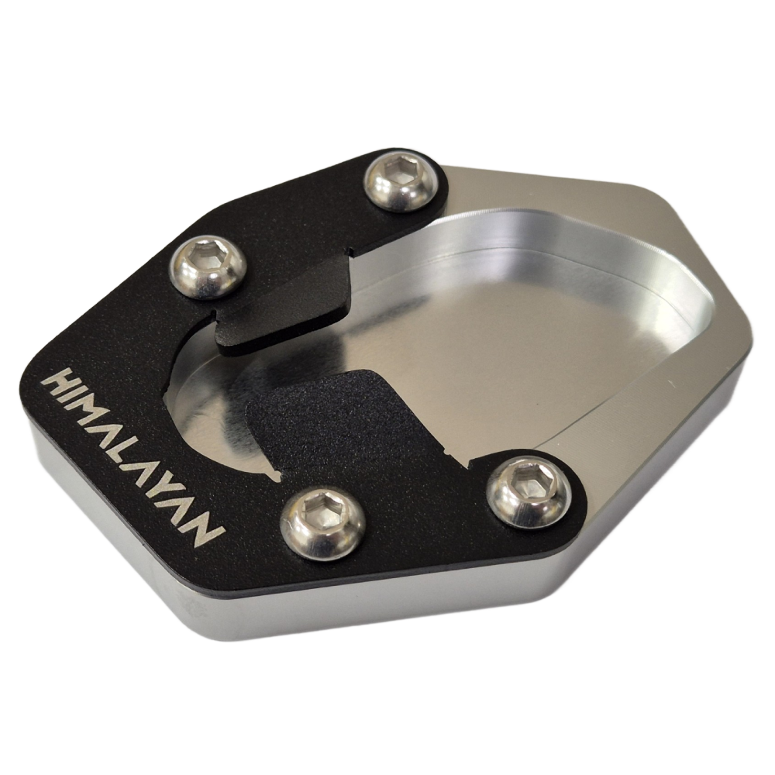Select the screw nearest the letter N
pos(322,521)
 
